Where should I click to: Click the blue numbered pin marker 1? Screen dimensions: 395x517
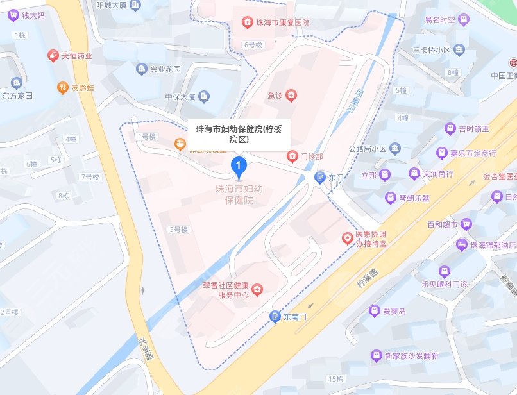[x=239, y=167]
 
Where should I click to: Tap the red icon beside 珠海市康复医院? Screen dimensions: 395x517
[x=246, y=23]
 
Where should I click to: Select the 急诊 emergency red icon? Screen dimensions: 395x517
[x=291, y=96]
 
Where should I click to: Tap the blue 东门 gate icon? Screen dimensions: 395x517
[x=319, y=177]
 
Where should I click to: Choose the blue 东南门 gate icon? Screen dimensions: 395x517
[x=275, y=316]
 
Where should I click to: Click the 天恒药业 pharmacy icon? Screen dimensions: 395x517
[x=53, y=56]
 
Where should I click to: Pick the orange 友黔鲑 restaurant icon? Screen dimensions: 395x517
[x=62, y=87]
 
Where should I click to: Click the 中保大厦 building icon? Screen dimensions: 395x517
[x=204, y=97]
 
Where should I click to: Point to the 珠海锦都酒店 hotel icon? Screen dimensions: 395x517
[x=461, y=245]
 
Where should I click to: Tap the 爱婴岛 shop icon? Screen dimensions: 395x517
[x=375, y=311]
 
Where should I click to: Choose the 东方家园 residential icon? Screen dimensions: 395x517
[x=16, y=82]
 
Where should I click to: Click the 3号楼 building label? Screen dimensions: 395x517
[x=178, y=229]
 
